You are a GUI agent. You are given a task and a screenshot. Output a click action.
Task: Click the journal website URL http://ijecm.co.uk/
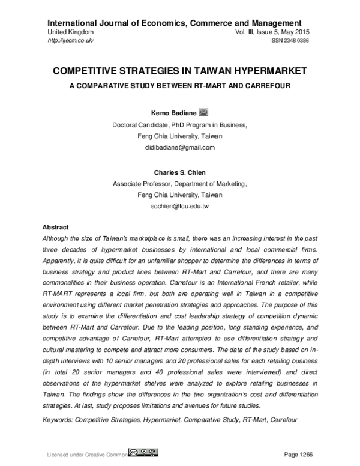click(x=70, y=40)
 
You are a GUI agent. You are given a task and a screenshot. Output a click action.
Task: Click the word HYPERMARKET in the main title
click(x=264, y=71)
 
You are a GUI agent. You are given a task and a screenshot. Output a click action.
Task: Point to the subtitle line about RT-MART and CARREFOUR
click(x=180, y=85)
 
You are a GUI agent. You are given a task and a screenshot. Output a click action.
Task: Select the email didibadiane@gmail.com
click(x=180, y=147)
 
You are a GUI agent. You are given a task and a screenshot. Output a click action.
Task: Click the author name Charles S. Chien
click(x=180, y=172)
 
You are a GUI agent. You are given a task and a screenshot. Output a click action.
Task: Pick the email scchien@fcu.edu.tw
click(x=180, y=206)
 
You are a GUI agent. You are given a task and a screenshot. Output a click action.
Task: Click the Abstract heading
click(x=56, y=228)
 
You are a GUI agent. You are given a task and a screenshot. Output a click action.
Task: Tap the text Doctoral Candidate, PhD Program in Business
click(x=180, y=125)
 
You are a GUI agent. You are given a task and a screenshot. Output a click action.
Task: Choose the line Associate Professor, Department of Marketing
click(x=180, y=184)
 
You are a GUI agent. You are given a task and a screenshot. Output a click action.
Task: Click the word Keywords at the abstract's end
click(x=59, y=421)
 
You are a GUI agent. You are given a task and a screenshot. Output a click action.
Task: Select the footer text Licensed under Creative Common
click(x=87, y=455)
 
